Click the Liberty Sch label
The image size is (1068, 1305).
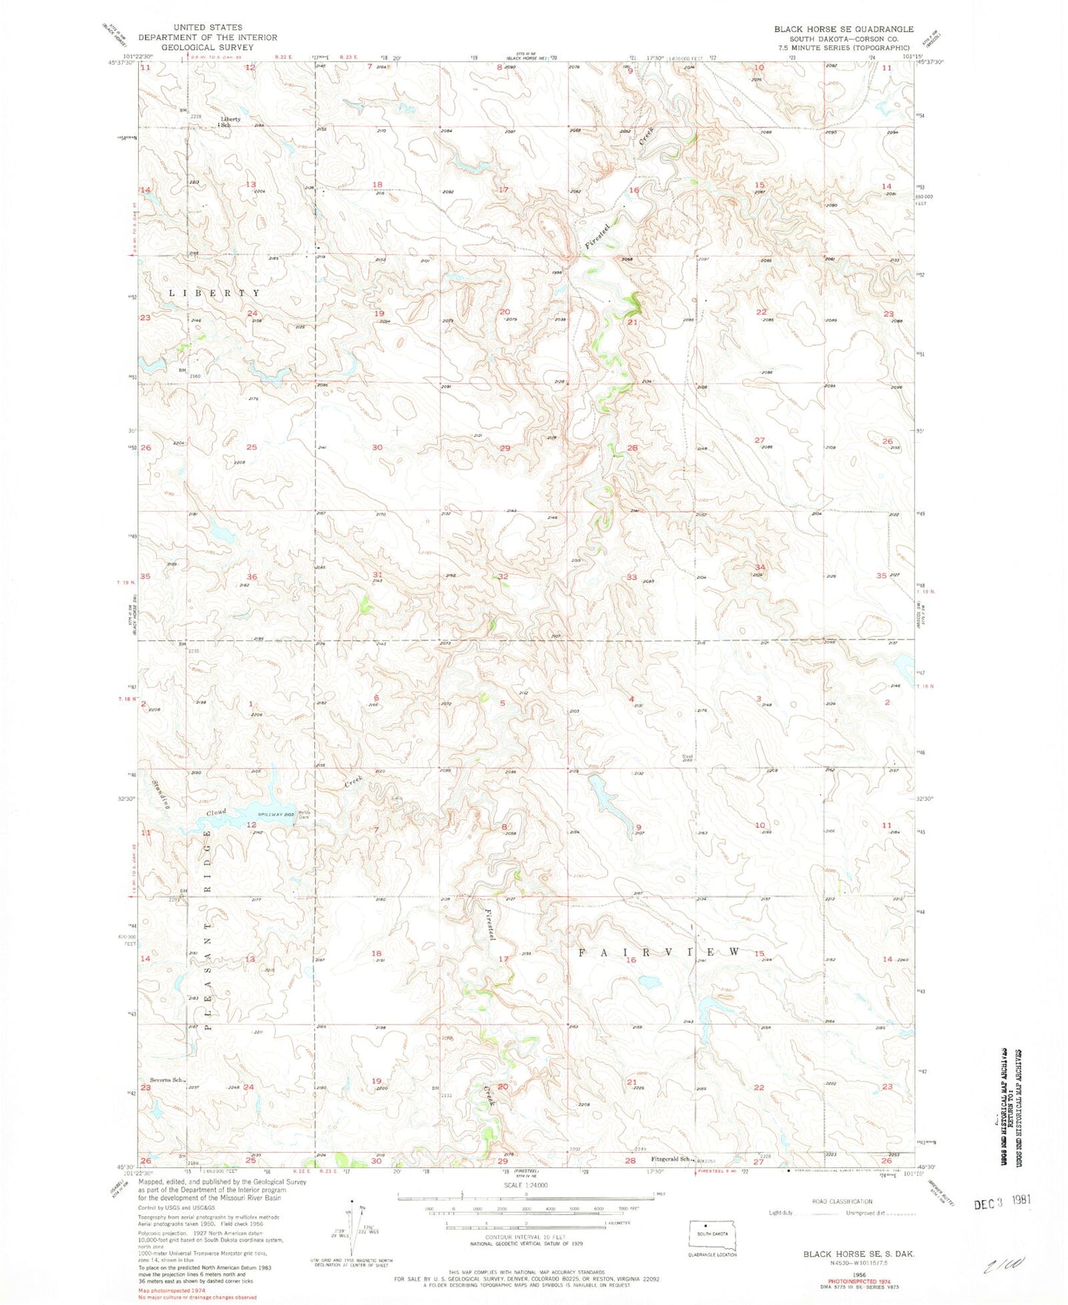pos(229,122)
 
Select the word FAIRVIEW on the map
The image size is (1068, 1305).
pos(658,952)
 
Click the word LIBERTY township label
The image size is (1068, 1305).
pos(215,293)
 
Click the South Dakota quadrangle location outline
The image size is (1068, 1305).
pos(713,1233)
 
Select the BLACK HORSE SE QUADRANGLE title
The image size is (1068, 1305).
pos(843,29)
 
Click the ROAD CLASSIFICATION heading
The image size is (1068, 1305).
pos(841,1201)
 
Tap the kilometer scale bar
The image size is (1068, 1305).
pos(526,1225)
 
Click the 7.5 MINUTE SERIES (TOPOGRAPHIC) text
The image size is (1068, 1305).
pos(843,47)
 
